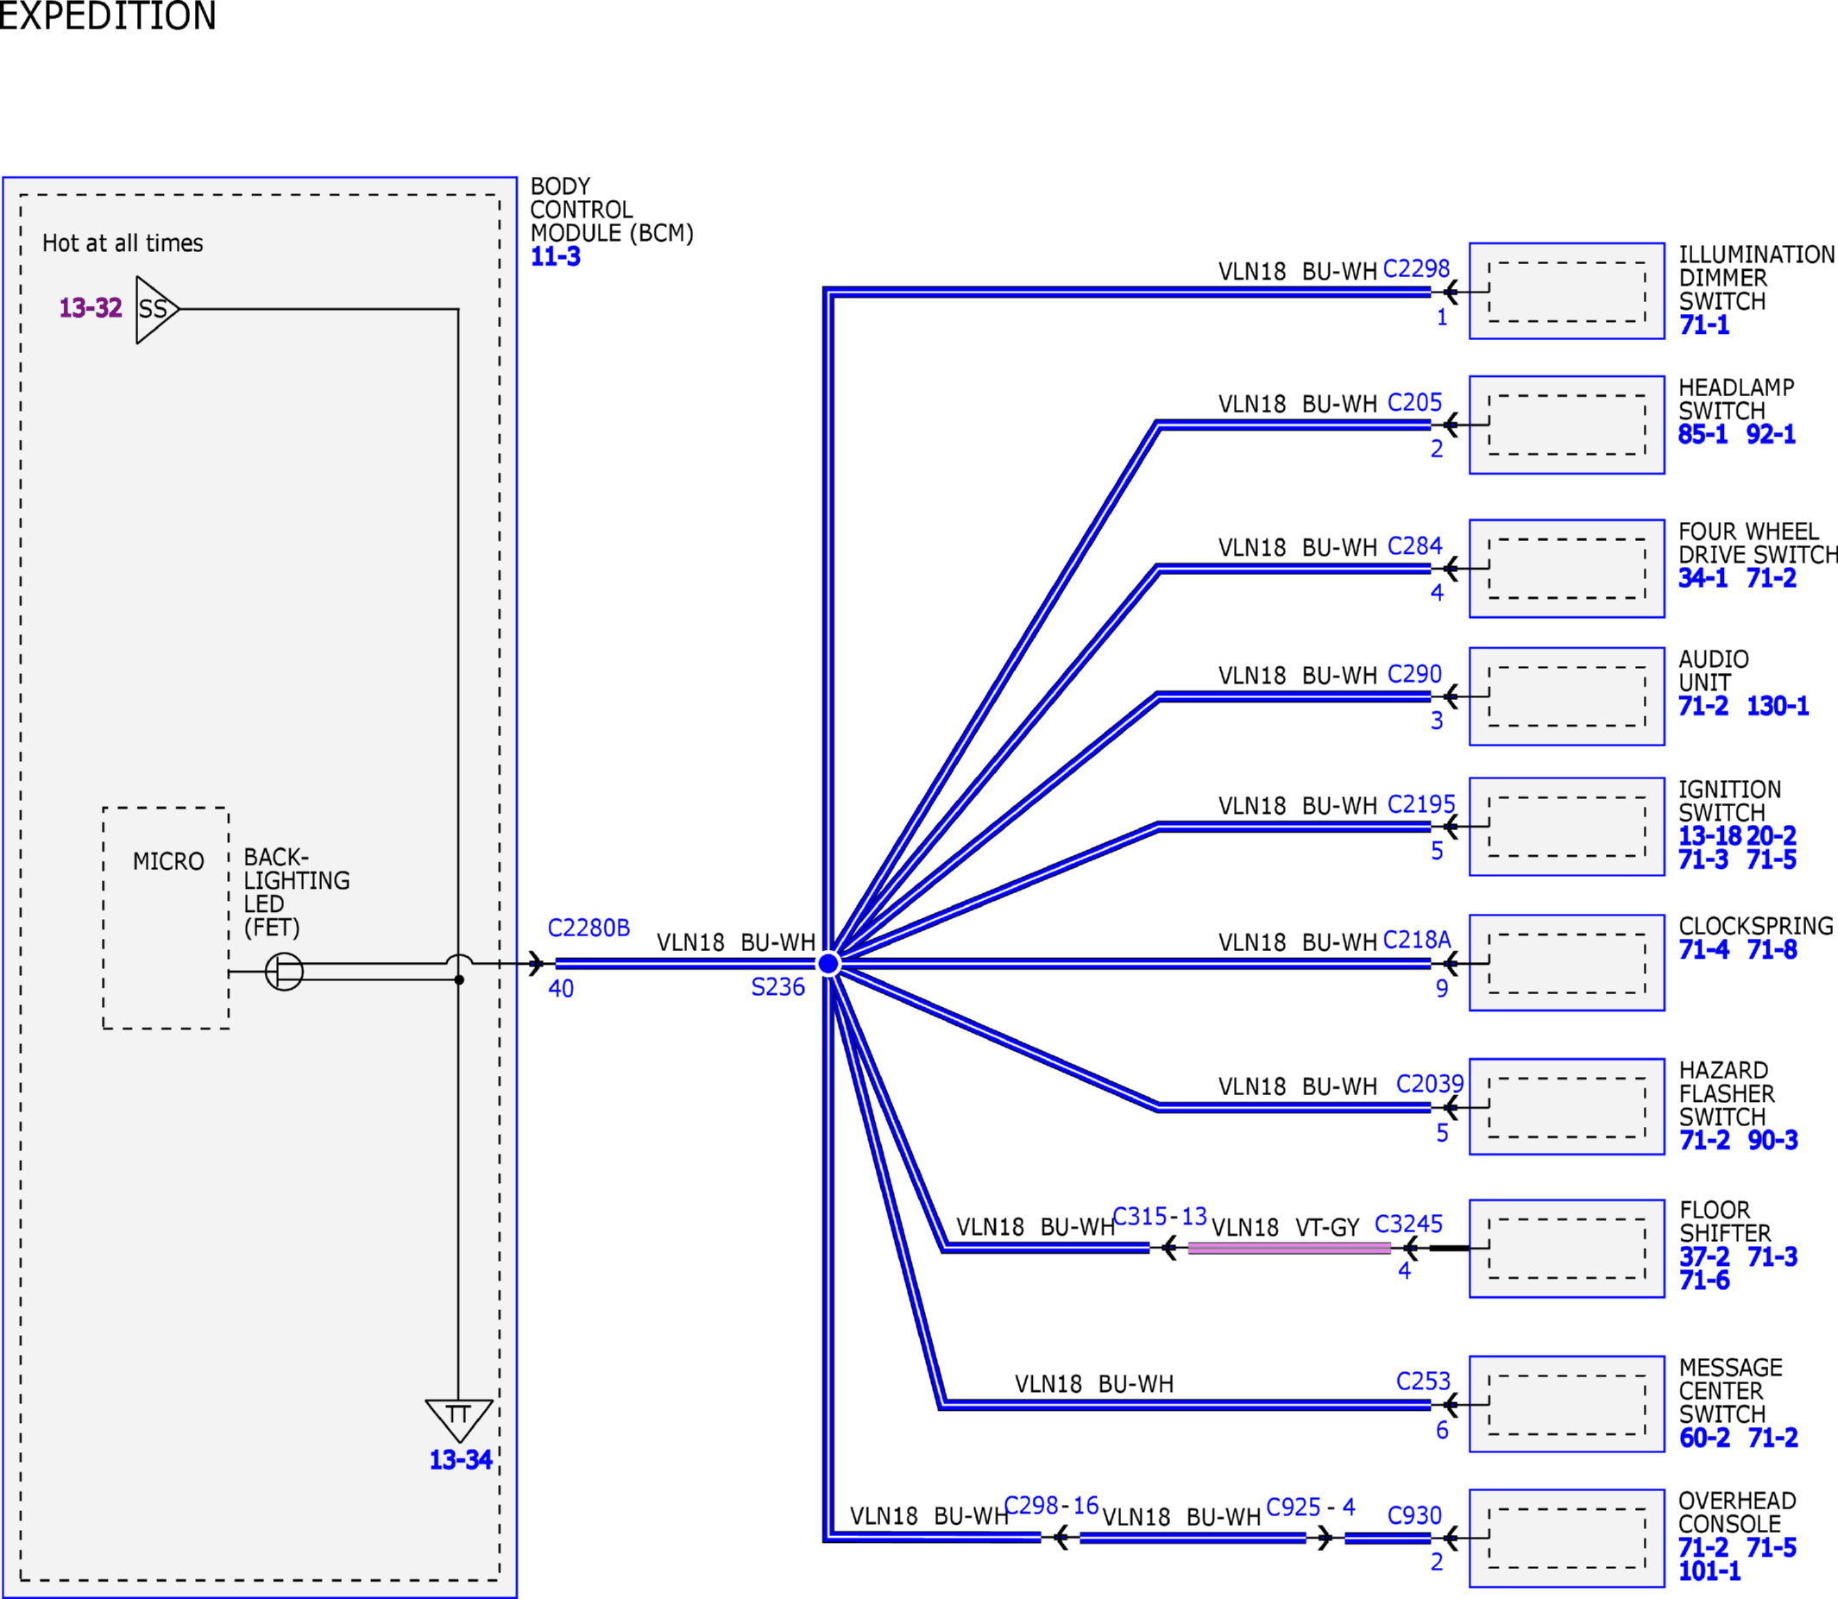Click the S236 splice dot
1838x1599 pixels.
[x=829, y=964]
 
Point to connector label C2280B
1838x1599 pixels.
[x=589, y=928]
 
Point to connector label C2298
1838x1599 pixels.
[x=1416, y=268]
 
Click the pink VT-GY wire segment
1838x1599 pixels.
[x=1289, y=1249]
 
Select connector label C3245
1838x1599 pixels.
[x=1408, y=1224]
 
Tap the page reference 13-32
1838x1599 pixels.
[x=90, y=308]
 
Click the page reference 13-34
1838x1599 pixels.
[x=461, y=1460]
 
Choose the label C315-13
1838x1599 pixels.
[x=1160, y=1216]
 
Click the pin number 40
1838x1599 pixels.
[x=561, y=989]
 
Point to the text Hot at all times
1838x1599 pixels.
[x=123, y=242]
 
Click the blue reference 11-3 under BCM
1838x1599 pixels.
[x=555, y=257]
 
